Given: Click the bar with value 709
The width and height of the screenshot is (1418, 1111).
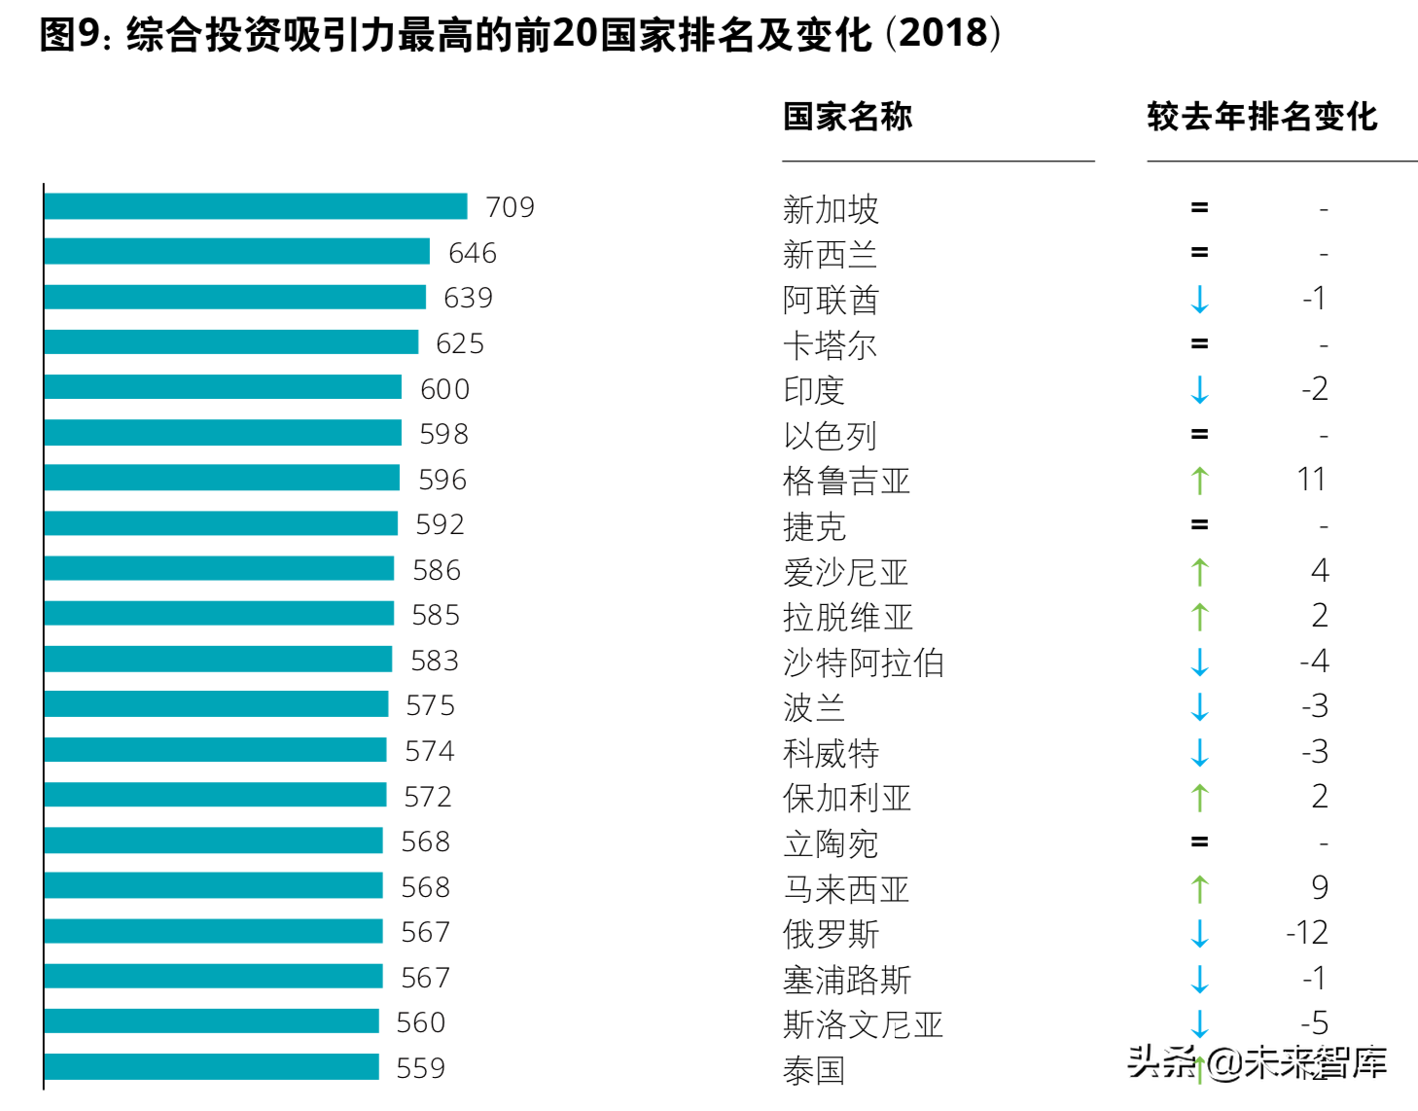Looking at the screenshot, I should point(255,206).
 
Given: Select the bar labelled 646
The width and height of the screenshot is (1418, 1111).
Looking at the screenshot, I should point(236,252).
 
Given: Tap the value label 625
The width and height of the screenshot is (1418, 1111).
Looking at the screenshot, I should point(460,343).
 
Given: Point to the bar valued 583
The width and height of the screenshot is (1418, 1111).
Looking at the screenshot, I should point(218,660).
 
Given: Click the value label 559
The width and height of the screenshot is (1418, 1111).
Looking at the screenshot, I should point(420,1068).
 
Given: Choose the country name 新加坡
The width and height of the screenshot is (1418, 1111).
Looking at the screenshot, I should point(831,209).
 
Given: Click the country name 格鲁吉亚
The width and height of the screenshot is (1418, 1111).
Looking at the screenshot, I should point(846,481).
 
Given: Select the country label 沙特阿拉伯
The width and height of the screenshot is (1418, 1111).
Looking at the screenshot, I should point(864,663).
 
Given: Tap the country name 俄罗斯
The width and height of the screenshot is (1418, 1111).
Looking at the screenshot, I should point(831,934).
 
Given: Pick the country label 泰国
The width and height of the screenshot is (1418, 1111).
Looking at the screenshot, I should point(814,1070).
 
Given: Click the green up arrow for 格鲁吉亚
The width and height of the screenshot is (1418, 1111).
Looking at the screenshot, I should point(1200,480).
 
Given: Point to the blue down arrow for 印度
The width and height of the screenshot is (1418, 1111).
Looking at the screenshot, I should point(1200,389).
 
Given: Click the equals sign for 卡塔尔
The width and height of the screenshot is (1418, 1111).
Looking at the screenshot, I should point(1200,343).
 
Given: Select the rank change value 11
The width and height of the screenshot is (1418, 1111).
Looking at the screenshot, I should point(1311,480).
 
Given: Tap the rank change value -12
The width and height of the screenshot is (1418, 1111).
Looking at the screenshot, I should point(1307,933).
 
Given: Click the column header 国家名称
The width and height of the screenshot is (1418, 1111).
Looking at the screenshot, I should point(847,117).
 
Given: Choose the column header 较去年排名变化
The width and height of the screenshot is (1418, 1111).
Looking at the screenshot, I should point(1261,117).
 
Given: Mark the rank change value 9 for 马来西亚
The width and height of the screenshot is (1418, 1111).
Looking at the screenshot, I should point(1319,887).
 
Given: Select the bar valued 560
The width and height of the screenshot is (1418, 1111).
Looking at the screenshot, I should point(211,1021).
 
